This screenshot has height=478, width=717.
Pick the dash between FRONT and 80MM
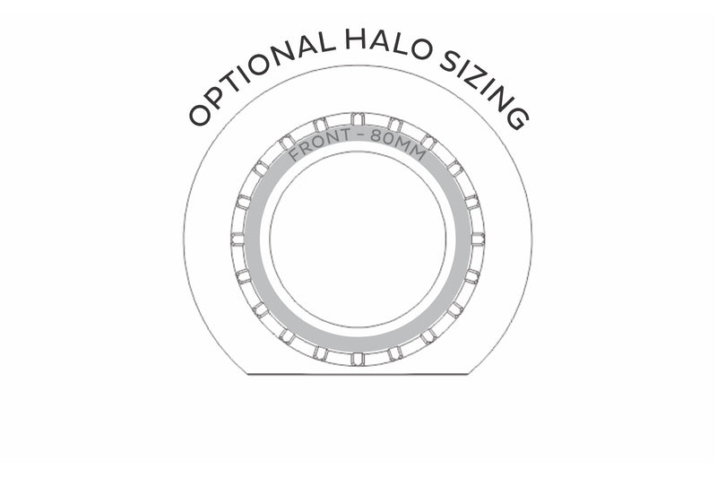click(x=361, y=135)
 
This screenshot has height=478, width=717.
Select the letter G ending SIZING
click(x=517, y=118)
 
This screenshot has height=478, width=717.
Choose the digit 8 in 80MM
click(x=377, y=136)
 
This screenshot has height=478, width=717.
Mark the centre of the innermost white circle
click(x=358, y=239)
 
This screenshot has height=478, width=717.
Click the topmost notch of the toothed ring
click(x=358, y=118)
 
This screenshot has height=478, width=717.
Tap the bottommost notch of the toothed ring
click(x=358, y=359)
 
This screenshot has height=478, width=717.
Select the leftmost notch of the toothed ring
click(x=238, y=239)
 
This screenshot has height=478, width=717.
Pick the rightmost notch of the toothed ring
click(x=478, y=239)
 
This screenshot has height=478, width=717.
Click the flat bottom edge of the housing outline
click(x=358, y=374)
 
